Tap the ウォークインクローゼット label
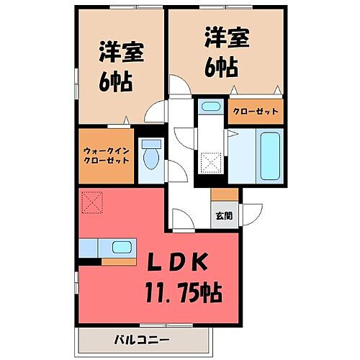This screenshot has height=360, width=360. pyautogui.click(x=106, y=154)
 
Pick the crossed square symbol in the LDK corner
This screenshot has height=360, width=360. pyautogui.click(x=91, y=202)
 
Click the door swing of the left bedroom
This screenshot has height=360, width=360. pyautogui.click(x=152, y=112)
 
